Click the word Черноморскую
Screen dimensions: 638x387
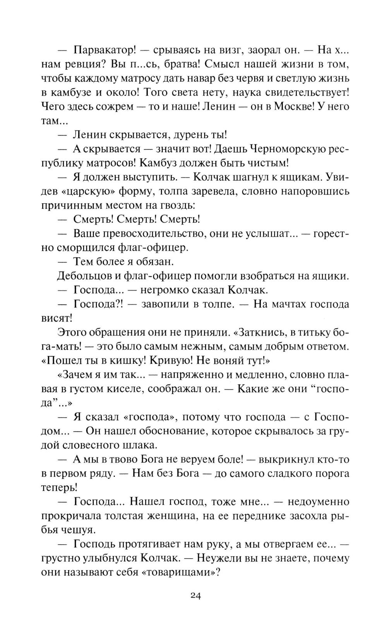[x=288, y=149]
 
